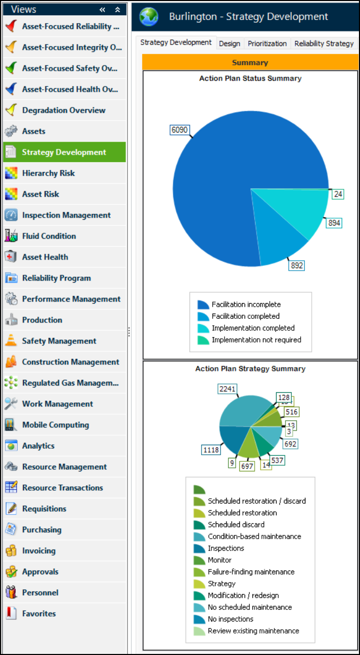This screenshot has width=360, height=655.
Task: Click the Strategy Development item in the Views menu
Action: click(x=64, y=152)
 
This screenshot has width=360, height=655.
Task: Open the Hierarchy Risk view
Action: click(x=48, y=173)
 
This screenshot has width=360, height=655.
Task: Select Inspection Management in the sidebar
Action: click(x=66, y=215)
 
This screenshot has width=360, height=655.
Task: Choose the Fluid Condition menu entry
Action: click(x=49, y=236)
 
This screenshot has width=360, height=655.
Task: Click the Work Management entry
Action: click(x=57, y=404)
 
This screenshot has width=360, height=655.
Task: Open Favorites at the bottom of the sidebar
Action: click(x=39, y=614)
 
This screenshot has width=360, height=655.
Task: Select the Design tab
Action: click(x=229, y=44)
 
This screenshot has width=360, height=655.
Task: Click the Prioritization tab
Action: click(x=267, y=44)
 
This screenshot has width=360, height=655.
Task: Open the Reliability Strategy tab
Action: click(x=324, y=44)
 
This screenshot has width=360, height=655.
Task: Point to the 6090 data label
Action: click(x=179, y=130)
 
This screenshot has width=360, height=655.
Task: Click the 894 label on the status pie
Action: click(x=334, y=223)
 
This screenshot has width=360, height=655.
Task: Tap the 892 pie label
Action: click(x=297, y=265)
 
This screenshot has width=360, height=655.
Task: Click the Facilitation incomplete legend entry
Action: click(x=246, y=305)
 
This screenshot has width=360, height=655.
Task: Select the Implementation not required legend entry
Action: click(x=256, y=340)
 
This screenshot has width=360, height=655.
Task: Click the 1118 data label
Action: click(x=211, y=449)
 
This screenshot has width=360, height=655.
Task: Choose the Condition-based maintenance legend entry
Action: click(x=254, y=536)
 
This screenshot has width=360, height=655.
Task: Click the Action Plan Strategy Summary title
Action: click(x=250, y=369)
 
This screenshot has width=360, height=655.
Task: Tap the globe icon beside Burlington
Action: click(x=149, y=17)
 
